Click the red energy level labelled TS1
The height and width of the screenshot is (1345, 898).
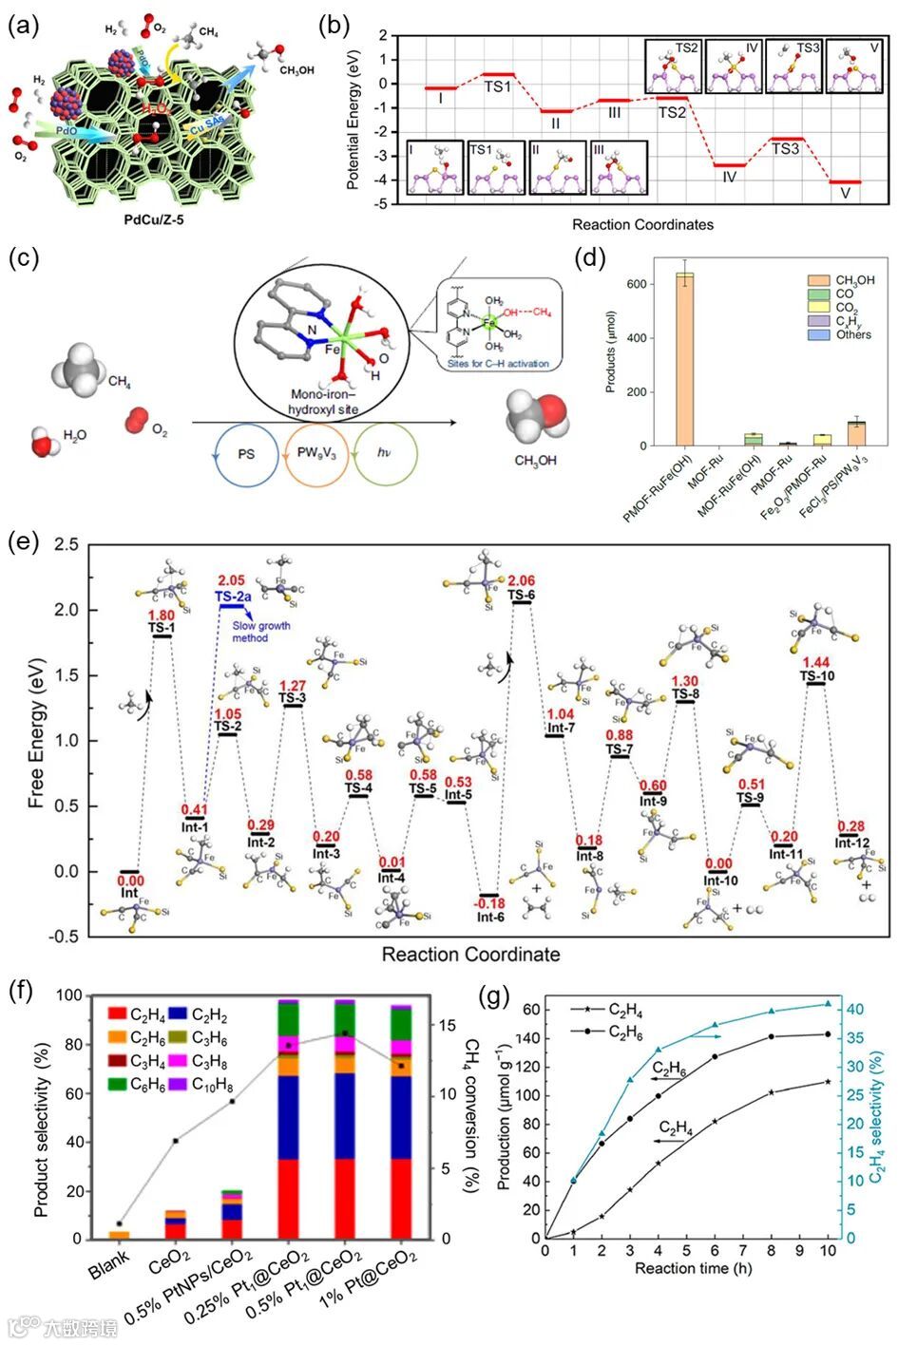(498, 74)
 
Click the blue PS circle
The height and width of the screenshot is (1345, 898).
(246, 454)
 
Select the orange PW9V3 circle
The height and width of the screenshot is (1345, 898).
(316, 454)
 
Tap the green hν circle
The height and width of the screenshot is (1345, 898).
(386, 454)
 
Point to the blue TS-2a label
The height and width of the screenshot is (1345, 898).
(235, 597)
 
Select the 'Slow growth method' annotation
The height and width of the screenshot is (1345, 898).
(262, 632)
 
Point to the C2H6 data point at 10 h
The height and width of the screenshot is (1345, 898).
(828, 1034)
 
